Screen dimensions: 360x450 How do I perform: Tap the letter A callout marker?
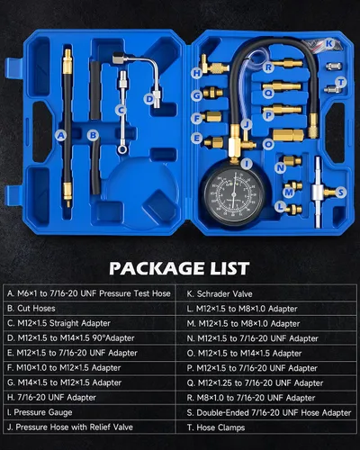click(x=61, y=136)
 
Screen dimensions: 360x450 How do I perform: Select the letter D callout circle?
click(x=149, y=98)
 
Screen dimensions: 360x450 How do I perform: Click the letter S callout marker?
click(x=340, y=193)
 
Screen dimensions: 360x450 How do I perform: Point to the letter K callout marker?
click(x=329, y=44)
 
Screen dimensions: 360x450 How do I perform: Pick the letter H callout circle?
click(x=197, y=73)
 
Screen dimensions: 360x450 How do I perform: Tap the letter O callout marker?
click(x=268, y=145)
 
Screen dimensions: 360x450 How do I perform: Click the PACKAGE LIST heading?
click(x=179, y=268)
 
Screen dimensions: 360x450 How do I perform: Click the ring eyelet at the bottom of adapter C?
click(x=121, y=149)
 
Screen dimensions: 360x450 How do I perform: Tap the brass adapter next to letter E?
click(x=213, y=142)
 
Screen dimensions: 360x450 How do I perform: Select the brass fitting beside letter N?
click(x=292, y=160)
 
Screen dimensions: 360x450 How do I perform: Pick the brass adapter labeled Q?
click(x=282, y=86)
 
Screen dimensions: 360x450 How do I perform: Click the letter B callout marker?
click(x=93, y=135)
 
